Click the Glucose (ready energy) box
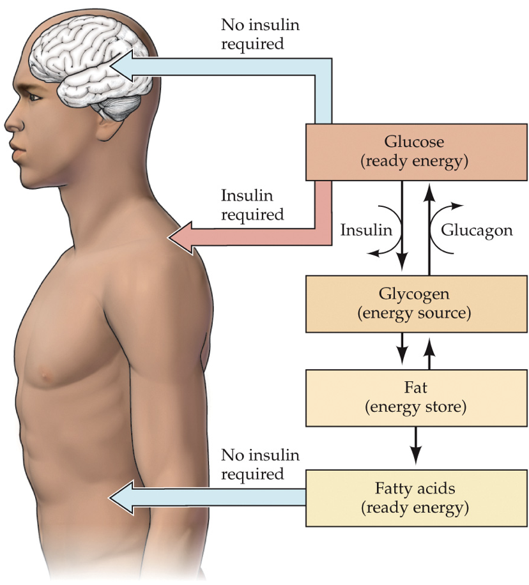pyautogui.click(x=413, y=152)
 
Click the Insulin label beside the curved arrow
pyautogui.click(x=366, y=230)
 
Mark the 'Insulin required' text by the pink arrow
pyautogui.click(x=252, y=205)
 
